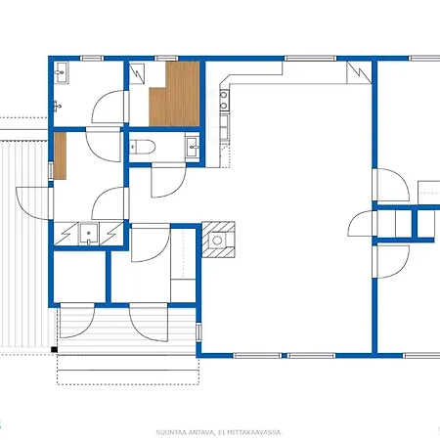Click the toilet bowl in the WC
coord(142,147)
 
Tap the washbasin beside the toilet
coord(192,148)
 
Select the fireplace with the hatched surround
coord(218,240)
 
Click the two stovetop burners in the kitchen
coord(224,101)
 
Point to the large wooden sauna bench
coord(175,94)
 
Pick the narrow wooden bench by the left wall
coord(60,155)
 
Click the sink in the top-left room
coord(61,72)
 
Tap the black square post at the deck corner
coord(54,350)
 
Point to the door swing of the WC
coord(168,181)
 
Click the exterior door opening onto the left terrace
coord(32,203)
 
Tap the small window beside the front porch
coord(198,331)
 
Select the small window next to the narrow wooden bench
coord(51,171)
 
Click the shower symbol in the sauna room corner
coord(137,73)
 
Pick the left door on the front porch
coord(77,321)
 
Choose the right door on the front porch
coord(149,322)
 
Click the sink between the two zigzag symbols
coord(89,234)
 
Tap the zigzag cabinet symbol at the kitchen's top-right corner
coord(359,72)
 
